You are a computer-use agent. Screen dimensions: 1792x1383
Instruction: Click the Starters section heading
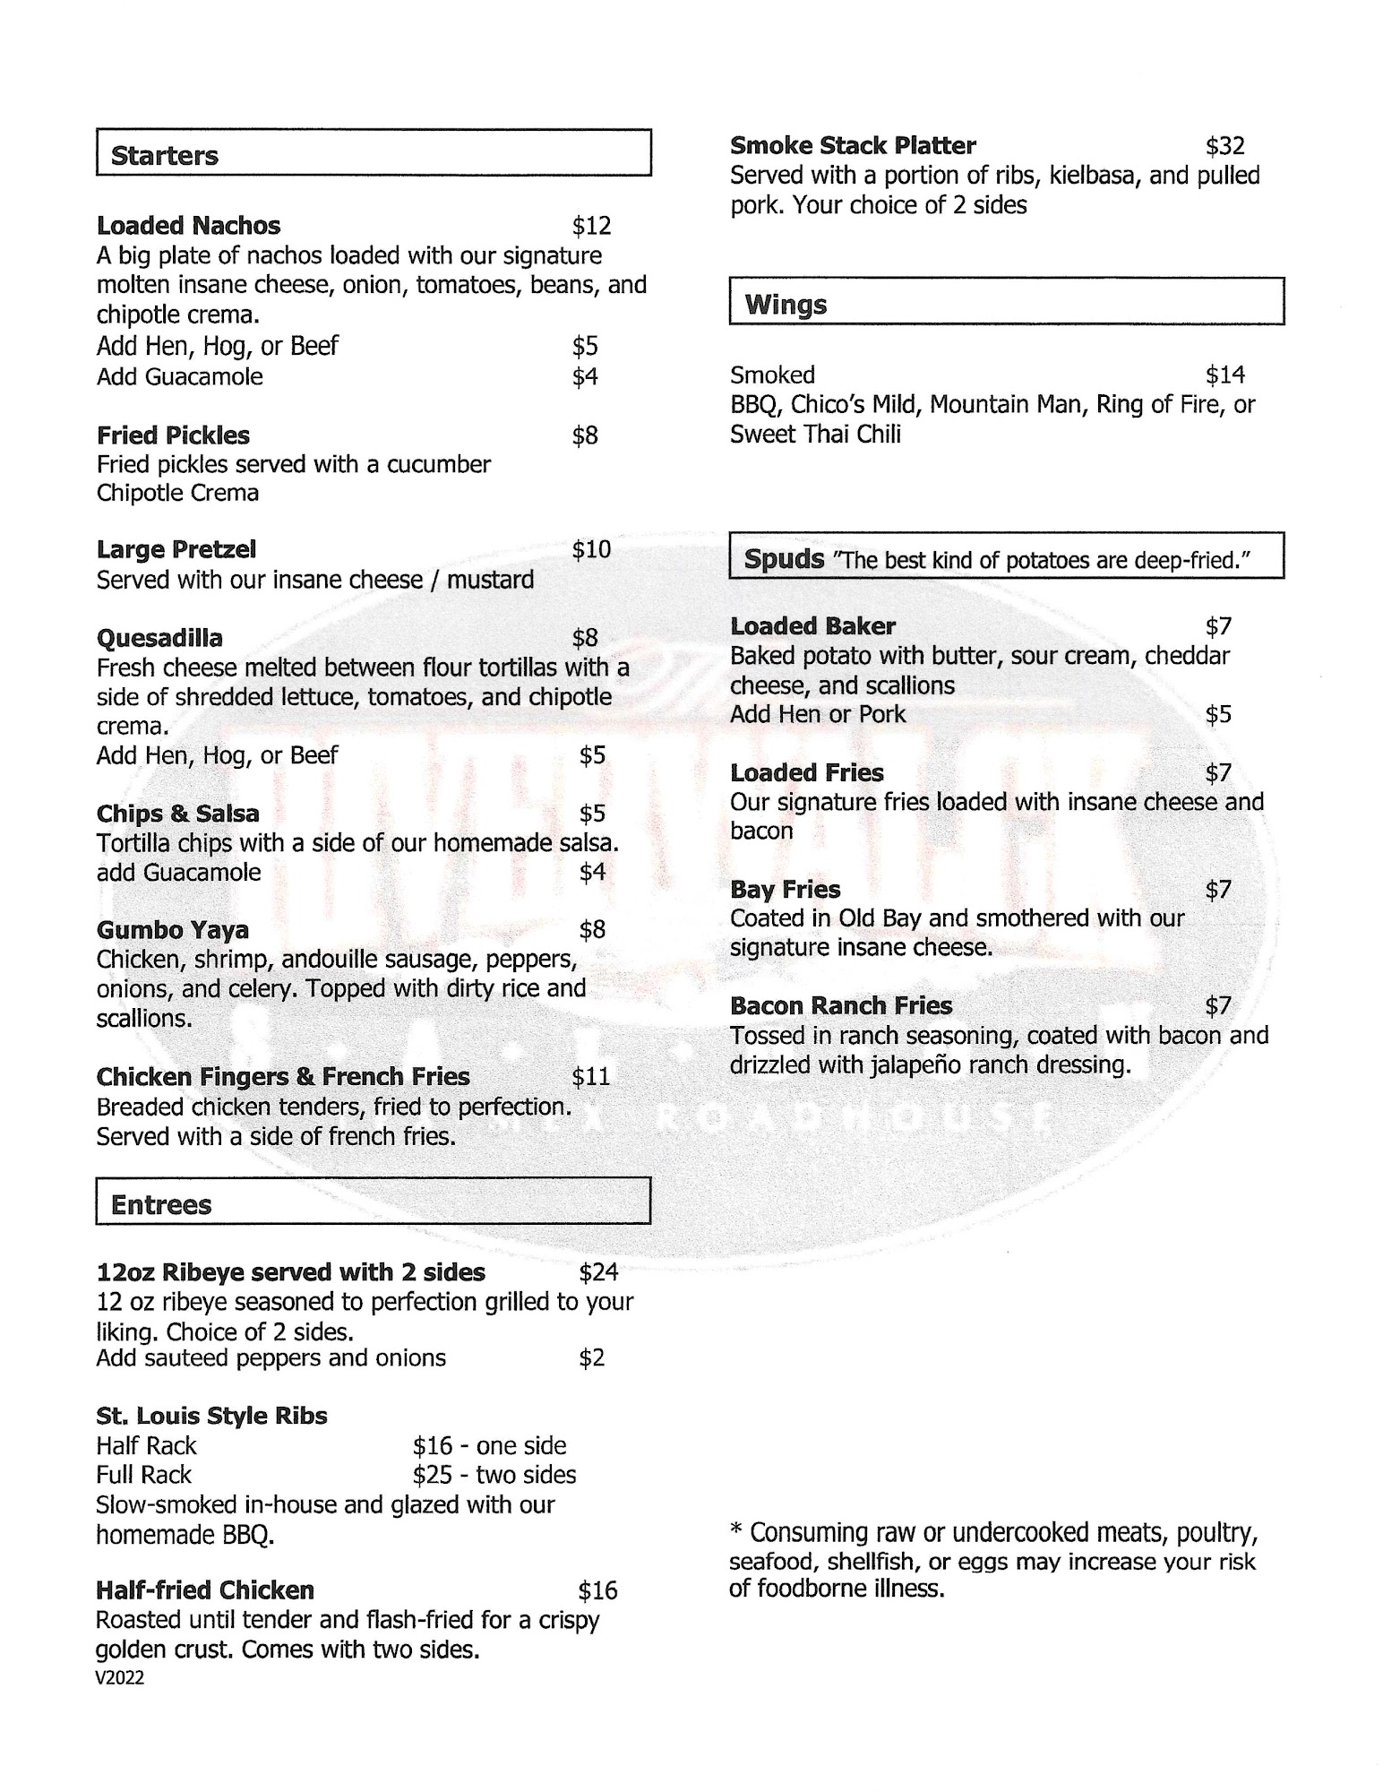point(165,156)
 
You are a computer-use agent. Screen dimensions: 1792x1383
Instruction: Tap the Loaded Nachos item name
point(188,226)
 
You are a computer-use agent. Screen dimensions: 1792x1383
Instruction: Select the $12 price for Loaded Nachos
point(591,226)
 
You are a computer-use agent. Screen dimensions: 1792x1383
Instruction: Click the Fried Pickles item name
point(173,435)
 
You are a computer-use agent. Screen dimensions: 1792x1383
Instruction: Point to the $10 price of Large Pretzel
point(591,549)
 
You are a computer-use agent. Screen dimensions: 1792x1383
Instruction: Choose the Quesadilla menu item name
point(159,638)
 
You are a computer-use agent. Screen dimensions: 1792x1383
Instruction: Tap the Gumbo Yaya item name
point(172,930)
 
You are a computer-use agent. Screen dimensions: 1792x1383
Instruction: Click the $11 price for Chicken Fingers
point(591,1076)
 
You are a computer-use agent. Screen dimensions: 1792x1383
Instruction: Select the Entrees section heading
point(161,1205)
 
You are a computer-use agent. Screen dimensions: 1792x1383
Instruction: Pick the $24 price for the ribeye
point(598,1272)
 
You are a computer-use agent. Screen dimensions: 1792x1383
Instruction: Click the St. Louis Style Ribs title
point(211,1416)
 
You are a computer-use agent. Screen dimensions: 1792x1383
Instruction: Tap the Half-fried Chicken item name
point(205,1590)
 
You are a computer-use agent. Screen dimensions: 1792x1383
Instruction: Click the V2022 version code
point(119,1678)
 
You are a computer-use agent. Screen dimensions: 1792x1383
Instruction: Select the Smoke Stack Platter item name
point(853,145)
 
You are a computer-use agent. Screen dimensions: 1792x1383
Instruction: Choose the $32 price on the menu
point(1224,145)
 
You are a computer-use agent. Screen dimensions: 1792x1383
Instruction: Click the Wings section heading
point(786,305)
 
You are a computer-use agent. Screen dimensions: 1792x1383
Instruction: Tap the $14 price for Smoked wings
point(1224,375)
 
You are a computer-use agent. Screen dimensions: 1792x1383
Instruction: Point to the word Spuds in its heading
point(784,559)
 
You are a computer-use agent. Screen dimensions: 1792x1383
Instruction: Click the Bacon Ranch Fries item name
point(840,1006)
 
